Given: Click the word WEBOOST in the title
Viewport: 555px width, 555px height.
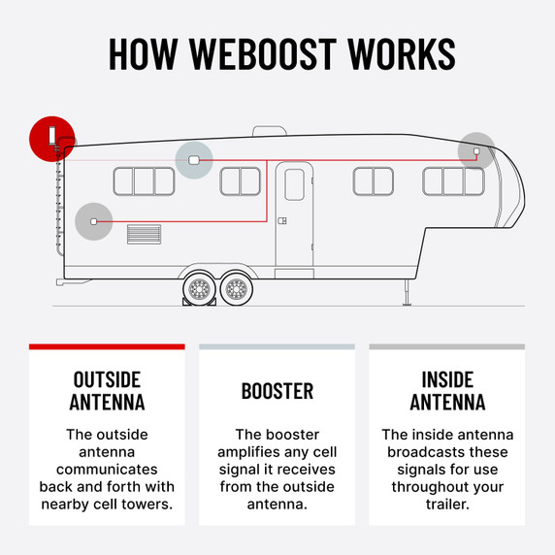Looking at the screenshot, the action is [x=263, y=53].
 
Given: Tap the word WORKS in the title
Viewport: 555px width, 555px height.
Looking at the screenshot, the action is [x=402, y=53].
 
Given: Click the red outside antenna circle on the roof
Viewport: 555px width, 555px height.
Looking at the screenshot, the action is [x=52, y=139].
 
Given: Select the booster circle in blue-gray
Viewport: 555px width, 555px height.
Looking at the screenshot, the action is [x=194, y=160].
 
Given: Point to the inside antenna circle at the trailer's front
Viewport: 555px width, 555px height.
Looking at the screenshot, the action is [x=476, y=151].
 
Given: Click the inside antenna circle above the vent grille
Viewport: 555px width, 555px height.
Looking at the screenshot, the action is [x=94, y=221].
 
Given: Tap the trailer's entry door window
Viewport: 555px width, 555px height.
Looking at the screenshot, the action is [x=295, y=184].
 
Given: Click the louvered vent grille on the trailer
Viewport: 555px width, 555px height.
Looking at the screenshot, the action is [x=144, y=234].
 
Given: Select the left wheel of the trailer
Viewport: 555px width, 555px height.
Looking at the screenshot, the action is [x=200, y=288].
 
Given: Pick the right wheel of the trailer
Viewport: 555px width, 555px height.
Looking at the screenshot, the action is [x=237, y=288].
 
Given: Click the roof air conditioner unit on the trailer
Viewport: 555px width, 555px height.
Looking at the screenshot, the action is [x=270, y=131].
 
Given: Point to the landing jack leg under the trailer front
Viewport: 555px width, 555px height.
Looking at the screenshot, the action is [x=408, y=292].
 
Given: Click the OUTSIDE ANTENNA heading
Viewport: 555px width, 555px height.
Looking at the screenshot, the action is [x=107, y=391].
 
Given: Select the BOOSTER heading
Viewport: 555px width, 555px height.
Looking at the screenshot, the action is [x=277, y=391].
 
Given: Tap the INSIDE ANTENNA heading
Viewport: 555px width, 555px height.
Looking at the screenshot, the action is [x=447, y=391].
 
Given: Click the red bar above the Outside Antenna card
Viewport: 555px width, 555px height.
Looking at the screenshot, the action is [x=107, y=346].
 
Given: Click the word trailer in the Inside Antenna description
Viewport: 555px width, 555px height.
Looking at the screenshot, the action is [x=447, y=504].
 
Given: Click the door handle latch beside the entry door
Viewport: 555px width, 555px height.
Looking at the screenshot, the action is [x=282, y=221].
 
